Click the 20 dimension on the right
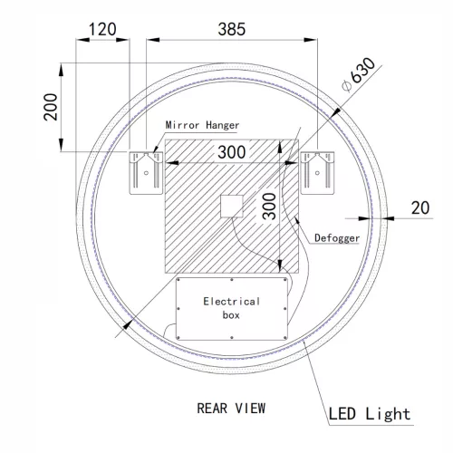point(419,207)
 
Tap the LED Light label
point(371,415)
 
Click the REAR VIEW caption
point(231,407)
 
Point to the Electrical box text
point(231,309)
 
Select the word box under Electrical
point(231,317)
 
